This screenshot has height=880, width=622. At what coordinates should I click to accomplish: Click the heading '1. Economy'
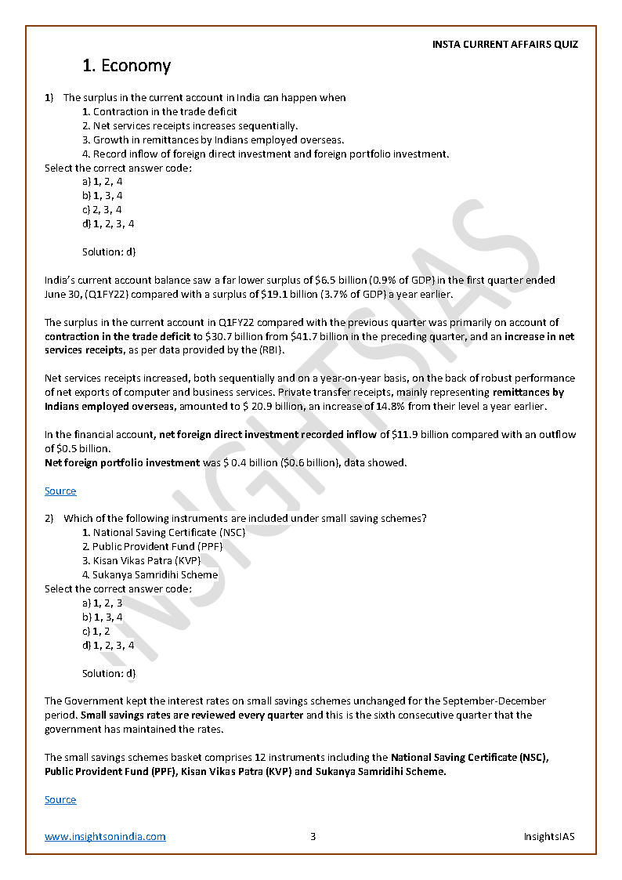(x=126, y=66)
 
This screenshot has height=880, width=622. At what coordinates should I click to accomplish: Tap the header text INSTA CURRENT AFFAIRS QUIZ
(x=504, y=45)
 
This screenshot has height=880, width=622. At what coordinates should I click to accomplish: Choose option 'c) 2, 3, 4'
(x=102, y=210)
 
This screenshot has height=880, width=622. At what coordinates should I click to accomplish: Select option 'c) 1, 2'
(x=96, y=631)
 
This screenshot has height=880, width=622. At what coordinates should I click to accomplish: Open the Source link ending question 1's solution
(x=60, y=491)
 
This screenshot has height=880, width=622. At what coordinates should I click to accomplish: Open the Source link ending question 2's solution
(x=60, y=800)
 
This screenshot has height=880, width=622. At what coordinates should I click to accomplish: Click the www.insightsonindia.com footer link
(x=105, y=837)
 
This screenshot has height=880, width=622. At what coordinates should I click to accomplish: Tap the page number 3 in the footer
(x=313, y=837)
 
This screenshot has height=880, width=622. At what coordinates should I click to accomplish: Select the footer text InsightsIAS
(x=549, y=837)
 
